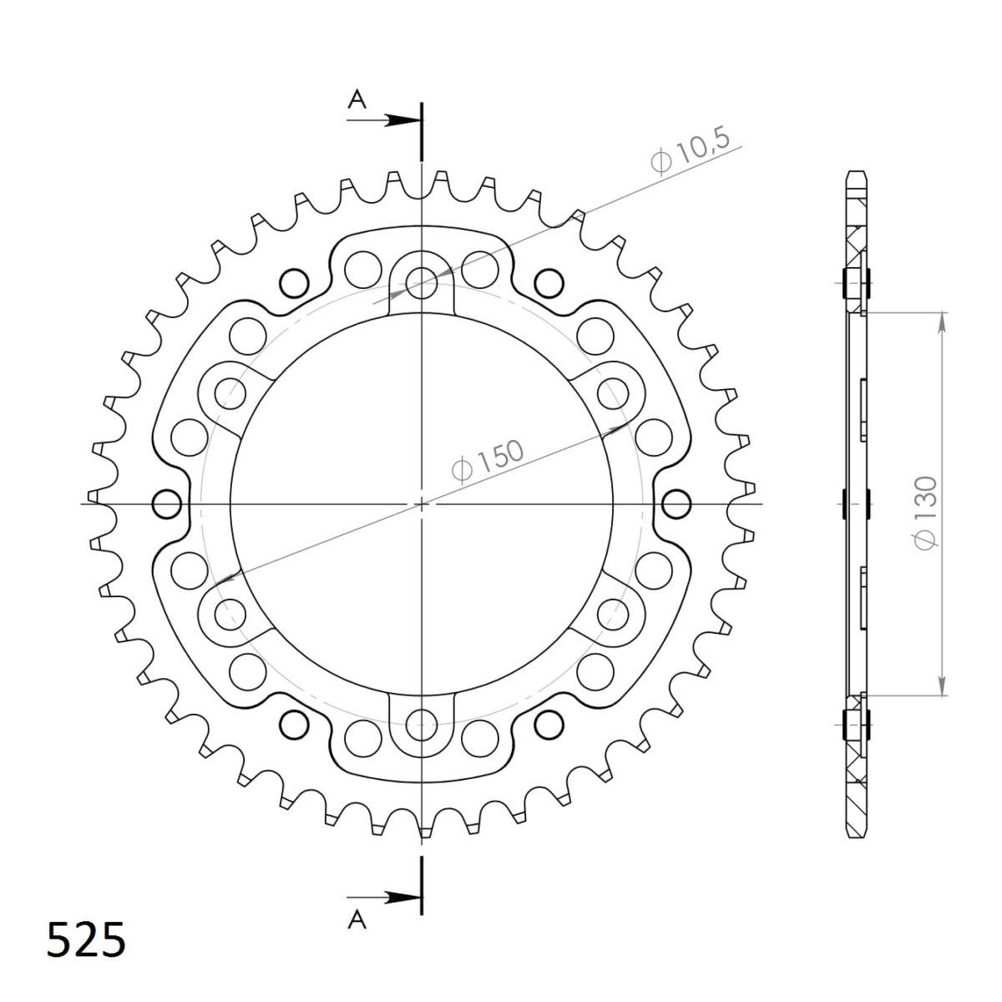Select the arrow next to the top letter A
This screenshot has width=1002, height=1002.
(x=392, y=120)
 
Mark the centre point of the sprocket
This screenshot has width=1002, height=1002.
(x=423, y=504)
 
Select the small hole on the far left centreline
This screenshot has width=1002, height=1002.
(x=168, y=504)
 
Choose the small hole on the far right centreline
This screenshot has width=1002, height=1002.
(x=677, y=504)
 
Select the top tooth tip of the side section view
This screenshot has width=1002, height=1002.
(x=857, y=176)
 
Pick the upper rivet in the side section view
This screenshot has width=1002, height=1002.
(x=857, y=286)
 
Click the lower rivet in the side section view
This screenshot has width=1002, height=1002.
(x=857, y=721)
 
